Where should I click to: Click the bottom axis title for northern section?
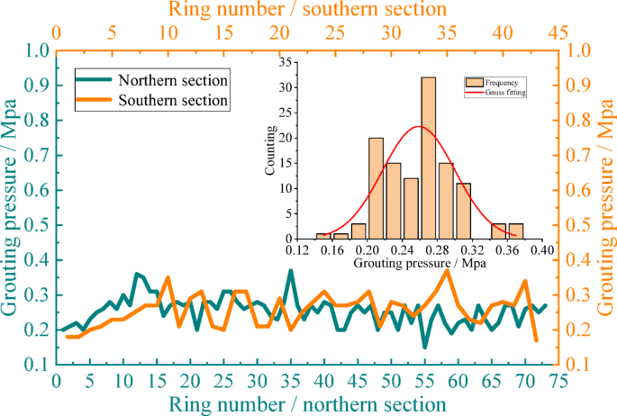(x=306, y=402)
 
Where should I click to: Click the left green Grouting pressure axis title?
(x=12, y=207)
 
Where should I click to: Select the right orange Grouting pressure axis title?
(x=605, y=207)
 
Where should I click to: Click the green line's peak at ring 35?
(x=290, y=270)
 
